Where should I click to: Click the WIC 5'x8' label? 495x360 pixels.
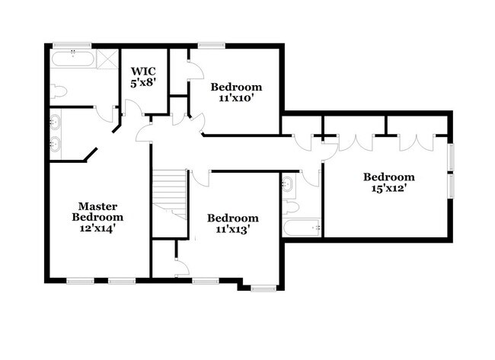[143, 76]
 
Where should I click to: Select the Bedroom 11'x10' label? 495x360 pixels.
[236, 92]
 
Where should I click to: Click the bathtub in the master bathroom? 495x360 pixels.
[73, 60]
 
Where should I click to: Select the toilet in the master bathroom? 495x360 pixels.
[59, 92]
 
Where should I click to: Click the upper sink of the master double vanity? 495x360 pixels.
[55, 121]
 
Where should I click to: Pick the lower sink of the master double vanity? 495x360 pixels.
[55, 144]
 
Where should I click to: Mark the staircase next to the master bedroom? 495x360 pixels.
[169, 194]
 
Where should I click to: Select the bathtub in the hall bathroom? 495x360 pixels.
[301, 227]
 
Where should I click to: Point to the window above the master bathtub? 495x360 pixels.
[72, 45]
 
